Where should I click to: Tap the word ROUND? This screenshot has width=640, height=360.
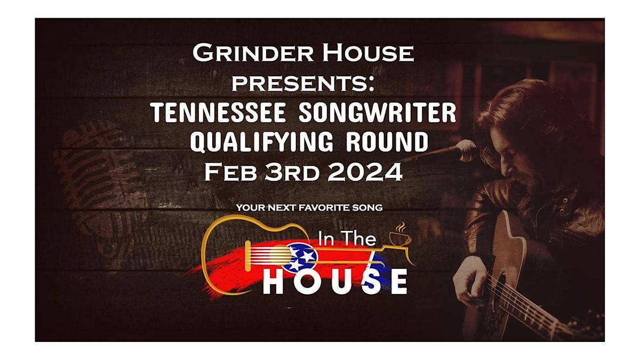(x=383, y=142)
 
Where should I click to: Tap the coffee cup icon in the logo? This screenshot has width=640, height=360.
(x=400, y=237)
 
